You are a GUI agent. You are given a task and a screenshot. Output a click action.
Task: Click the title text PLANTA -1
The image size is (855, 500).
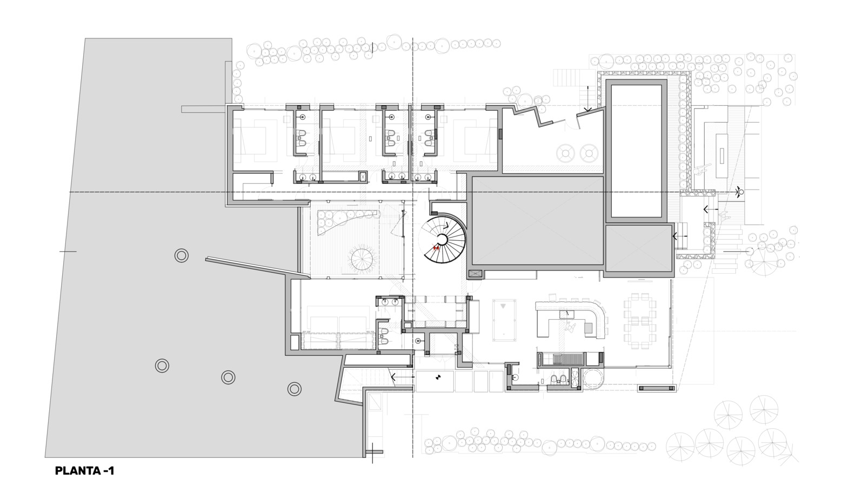click(85, 471)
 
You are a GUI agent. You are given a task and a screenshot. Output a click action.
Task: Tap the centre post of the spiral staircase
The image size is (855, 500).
click(442, 240)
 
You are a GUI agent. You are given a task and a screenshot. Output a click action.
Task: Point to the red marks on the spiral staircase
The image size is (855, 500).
click(436, 248)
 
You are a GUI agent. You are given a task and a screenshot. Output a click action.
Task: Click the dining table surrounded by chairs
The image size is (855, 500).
click(640, 321)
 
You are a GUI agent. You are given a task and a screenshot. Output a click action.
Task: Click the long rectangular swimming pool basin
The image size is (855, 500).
click(636, 151)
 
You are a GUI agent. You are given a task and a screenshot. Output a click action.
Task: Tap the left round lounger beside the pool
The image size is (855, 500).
click(566, 153)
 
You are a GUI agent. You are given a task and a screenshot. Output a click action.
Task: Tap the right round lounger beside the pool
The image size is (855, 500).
click(589, 153)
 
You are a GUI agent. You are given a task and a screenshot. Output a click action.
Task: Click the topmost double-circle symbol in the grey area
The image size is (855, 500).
click(181, 255)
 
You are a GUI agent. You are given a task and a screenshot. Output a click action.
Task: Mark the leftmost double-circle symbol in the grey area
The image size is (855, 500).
click(162, 366)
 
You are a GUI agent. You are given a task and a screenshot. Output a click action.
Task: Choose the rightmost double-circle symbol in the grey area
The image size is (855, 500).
click(295, 389)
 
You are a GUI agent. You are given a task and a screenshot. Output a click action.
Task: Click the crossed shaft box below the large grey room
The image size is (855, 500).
click(475, 273)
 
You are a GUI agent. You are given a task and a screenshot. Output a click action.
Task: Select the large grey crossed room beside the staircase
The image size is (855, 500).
click(538, 221)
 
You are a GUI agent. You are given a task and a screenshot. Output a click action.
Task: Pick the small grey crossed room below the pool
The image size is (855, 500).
click(639, 248)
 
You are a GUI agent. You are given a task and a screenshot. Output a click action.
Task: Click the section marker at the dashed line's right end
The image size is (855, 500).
click(739, 191)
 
